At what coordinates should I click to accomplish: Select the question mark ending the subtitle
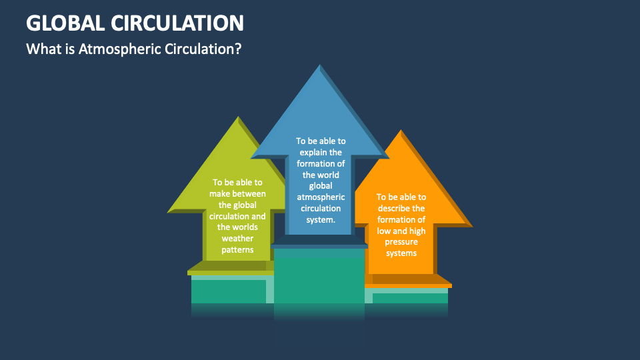coord(238,49)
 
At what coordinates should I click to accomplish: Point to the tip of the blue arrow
coord(320,66)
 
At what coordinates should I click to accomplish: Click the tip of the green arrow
coord(237,119)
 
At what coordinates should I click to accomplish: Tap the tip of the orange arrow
coord(400,131)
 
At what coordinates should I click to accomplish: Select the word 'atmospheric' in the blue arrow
coord(321,197)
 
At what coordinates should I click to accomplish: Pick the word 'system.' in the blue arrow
coord(321,219)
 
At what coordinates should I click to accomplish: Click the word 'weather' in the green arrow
coord(237,239)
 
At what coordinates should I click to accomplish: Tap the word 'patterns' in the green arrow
coord(237,249)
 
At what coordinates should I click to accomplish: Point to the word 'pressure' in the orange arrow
coord(401,242)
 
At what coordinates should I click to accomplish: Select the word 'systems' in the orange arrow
coord(401,253)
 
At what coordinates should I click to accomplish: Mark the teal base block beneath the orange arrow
coord(408,298)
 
